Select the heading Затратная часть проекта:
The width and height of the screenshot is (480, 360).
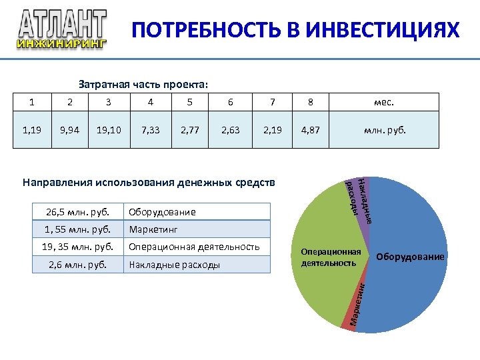[x=143, y=85]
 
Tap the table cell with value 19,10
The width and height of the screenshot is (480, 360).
[x=109, y=129]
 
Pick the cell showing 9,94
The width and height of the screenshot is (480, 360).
[x=69, y=129]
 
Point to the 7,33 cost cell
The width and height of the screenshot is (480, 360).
[x=150, y=129]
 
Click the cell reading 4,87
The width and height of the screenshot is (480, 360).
[x=311, y=129]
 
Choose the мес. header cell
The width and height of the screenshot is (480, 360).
[x=384, y=102]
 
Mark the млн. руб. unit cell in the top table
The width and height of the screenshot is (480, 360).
[x=384, y=129]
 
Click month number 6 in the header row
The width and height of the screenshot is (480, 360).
[x=231, y=102]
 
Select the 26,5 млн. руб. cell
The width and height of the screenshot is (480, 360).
[x=79, y=212]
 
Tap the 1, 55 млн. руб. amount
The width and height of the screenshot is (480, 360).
[x=79, y=229]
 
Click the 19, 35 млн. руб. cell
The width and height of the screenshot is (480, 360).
[x=79, y=247]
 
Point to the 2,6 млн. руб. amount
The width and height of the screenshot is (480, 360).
[x=79, y=265]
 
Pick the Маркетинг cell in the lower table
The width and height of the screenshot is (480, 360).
[x=198, y=229]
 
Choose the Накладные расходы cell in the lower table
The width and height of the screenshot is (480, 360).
[x=198, y=265]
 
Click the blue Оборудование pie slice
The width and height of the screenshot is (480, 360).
[x=407, y=280]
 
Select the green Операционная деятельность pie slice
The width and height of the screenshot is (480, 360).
[x=320, y=280]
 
